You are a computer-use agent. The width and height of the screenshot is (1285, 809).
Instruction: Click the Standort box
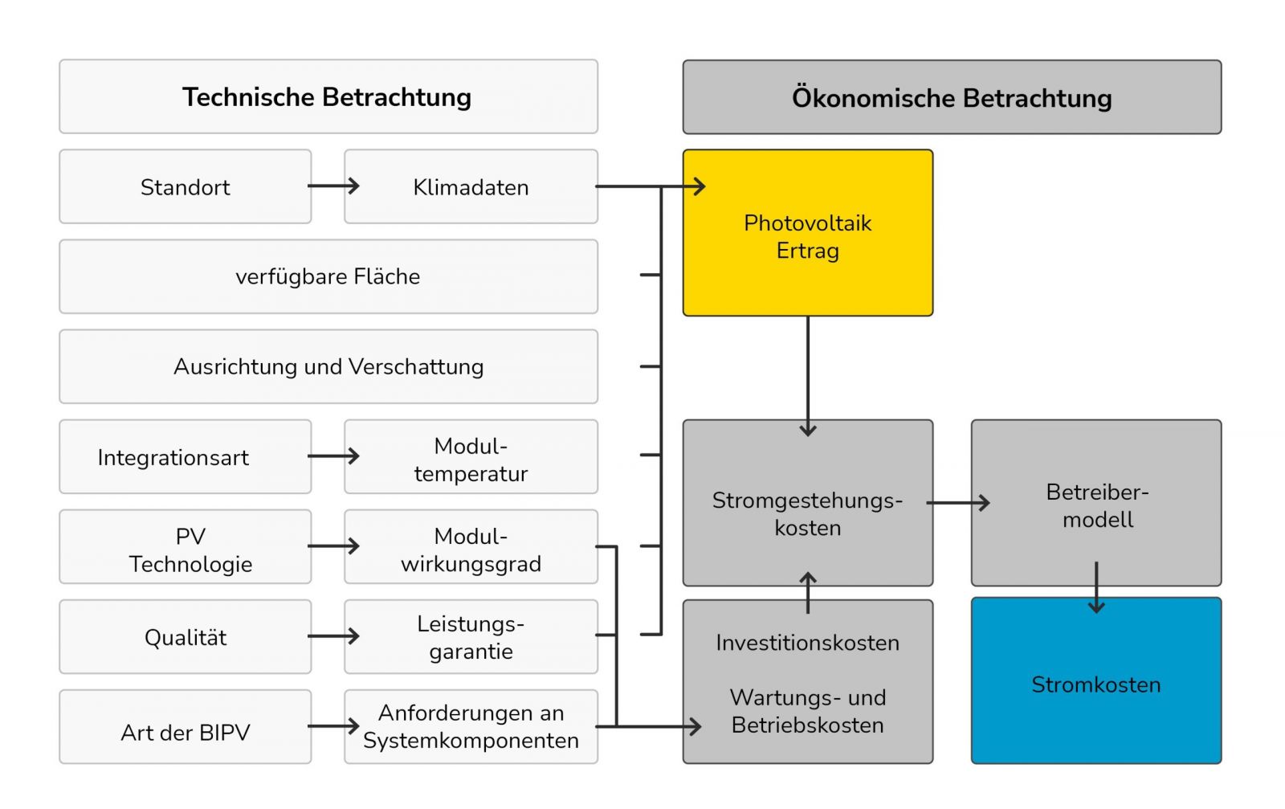coord(185,186)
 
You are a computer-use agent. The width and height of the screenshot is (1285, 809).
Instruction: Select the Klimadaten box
coord(471,186)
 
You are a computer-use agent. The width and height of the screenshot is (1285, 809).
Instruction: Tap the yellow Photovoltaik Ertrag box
coord(807,233)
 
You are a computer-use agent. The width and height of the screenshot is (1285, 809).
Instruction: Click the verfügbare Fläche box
coord(328,276)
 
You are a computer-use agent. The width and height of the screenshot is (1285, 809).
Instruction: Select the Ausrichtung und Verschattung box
coord(328,366)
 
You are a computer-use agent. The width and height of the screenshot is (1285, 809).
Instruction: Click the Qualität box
coord(185,637)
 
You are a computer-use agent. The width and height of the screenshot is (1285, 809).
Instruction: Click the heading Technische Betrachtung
coord(328,96)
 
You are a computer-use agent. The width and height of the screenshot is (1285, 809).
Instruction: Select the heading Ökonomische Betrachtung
coord(952,97)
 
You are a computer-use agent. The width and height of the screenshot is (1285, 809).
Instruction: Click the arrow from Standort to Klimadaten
coord(332,186)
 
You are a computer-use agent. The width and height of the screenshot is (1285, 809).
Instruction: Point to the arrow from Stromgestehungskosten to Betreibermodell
coord(957,504)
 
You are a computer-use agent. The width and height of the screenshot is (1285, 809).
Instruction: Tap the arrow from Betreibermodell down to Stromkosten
coord(1096,587)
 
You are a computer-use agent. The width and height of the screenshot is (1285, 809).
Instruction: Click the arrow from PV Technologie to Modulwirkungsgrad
coord(332,546)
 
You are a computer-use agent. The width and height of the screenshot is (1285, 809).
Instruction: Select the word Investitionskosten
coord(807,643)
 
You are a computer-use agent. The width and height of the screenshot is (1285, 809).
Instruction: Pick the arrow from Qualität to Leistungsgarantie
coord(332,636)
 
